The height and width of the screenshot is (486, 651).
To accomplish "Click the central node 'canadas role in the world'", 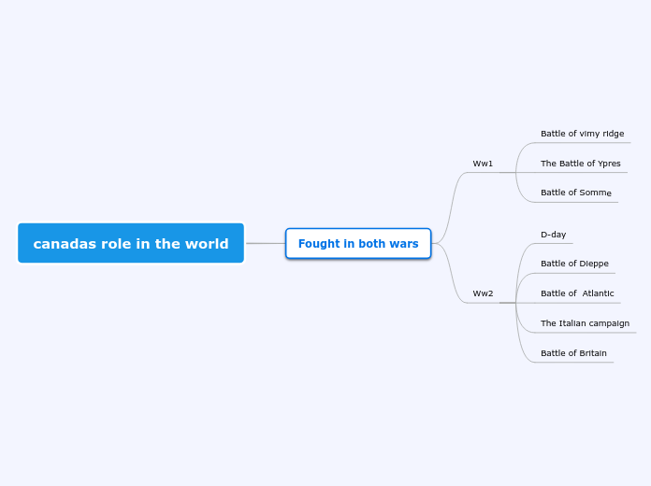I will tap(131, 244).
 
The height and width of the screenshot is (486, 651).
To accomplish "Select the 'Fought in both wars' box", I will tap(358, 244).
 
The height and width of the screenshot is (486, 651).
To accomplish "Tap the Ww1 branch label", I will tap(483, 164).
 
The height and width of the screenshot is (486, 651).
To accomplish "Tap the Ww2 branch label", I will tap(483, 293).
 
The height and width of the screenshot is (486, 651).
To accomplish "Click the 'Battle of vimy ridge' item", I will tap(582, 134).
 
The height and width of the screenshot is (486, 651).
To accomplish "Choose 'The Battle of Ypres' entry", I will tap(580, 164).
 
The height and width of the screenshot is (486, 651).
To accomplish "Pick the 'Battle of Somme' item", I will tap(575, 193).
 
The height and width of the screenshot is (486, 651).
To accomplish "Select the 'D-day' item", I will tap(553, 235).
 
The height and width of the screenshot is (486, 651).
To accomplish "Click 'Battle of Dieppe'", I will tap(574, 264).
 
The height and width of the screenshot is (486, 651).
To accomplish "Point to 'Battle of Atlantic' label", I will tap(577, 293).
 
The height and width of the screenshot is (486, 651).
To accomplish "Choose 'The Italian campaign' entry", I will tap(585, 323).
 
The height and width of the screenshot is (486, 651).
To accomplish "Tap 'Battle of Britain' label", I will tap(573, 353).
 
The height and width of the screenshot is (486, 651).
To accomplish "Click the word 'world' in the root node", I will tap(207, 244).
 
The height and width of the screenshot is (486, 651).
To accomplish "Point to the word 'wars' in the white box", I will tap(404, 244).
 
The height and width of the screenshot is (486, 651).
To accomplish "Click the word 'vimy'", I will tap(589, 134).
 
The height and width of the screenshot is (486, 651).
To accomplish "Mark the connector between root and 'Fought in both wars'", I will tap(265, 243).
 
